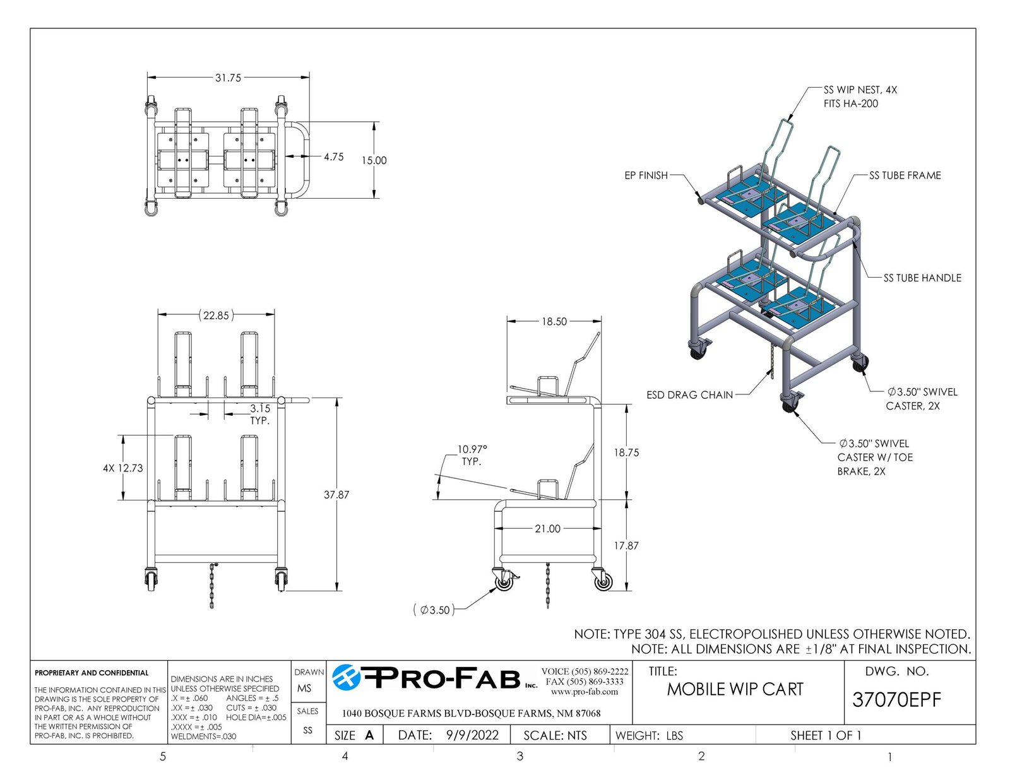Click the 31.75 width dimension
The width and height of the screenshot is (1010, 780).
click(228, 78)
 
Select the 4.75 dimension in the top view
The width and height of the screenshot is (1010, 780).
click(333, 157)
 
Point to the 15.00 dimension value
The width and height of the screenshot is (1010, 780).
click(374, 160)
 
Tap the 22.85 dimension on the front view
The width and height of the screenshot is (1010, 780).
click(216, 315)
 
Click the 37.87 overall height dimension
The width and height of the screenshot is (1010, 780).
click(336, 495)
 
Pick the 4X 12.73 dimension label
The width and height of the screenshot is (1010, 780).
click(123, 468)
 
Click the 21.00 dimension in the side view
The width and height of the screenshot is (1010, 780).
click(547, 529)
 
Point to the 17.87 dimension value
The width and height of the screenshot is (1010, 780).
click(626, 545)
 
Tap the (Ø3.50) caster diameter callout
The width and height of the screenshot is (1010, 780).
click(434, 610)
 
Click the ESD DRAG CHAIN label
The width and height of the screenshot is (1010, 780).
click(689, 395)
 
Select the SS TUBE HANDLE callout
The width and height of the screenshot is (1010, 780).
click(922, 278)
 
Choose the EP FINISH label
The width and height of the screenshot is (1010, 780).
click(646, 175)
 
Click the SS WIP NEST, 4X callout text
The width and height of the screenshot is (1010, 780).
click(860, 90)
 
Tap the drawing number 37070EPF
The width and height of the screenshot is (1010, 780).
click(896, 700)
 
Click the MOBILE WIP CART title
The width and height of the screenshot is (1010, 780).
click(735, 689)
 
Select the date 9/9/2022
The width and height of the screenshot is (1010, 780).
click(472, 735)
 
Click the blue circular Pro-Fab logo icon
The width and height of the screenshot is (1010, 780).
click(347, 677)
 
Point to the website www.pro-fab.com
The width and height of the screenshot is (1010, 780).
click(585, 692)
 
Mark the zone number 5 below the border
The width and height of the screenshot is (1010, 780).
click(163, 757)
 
